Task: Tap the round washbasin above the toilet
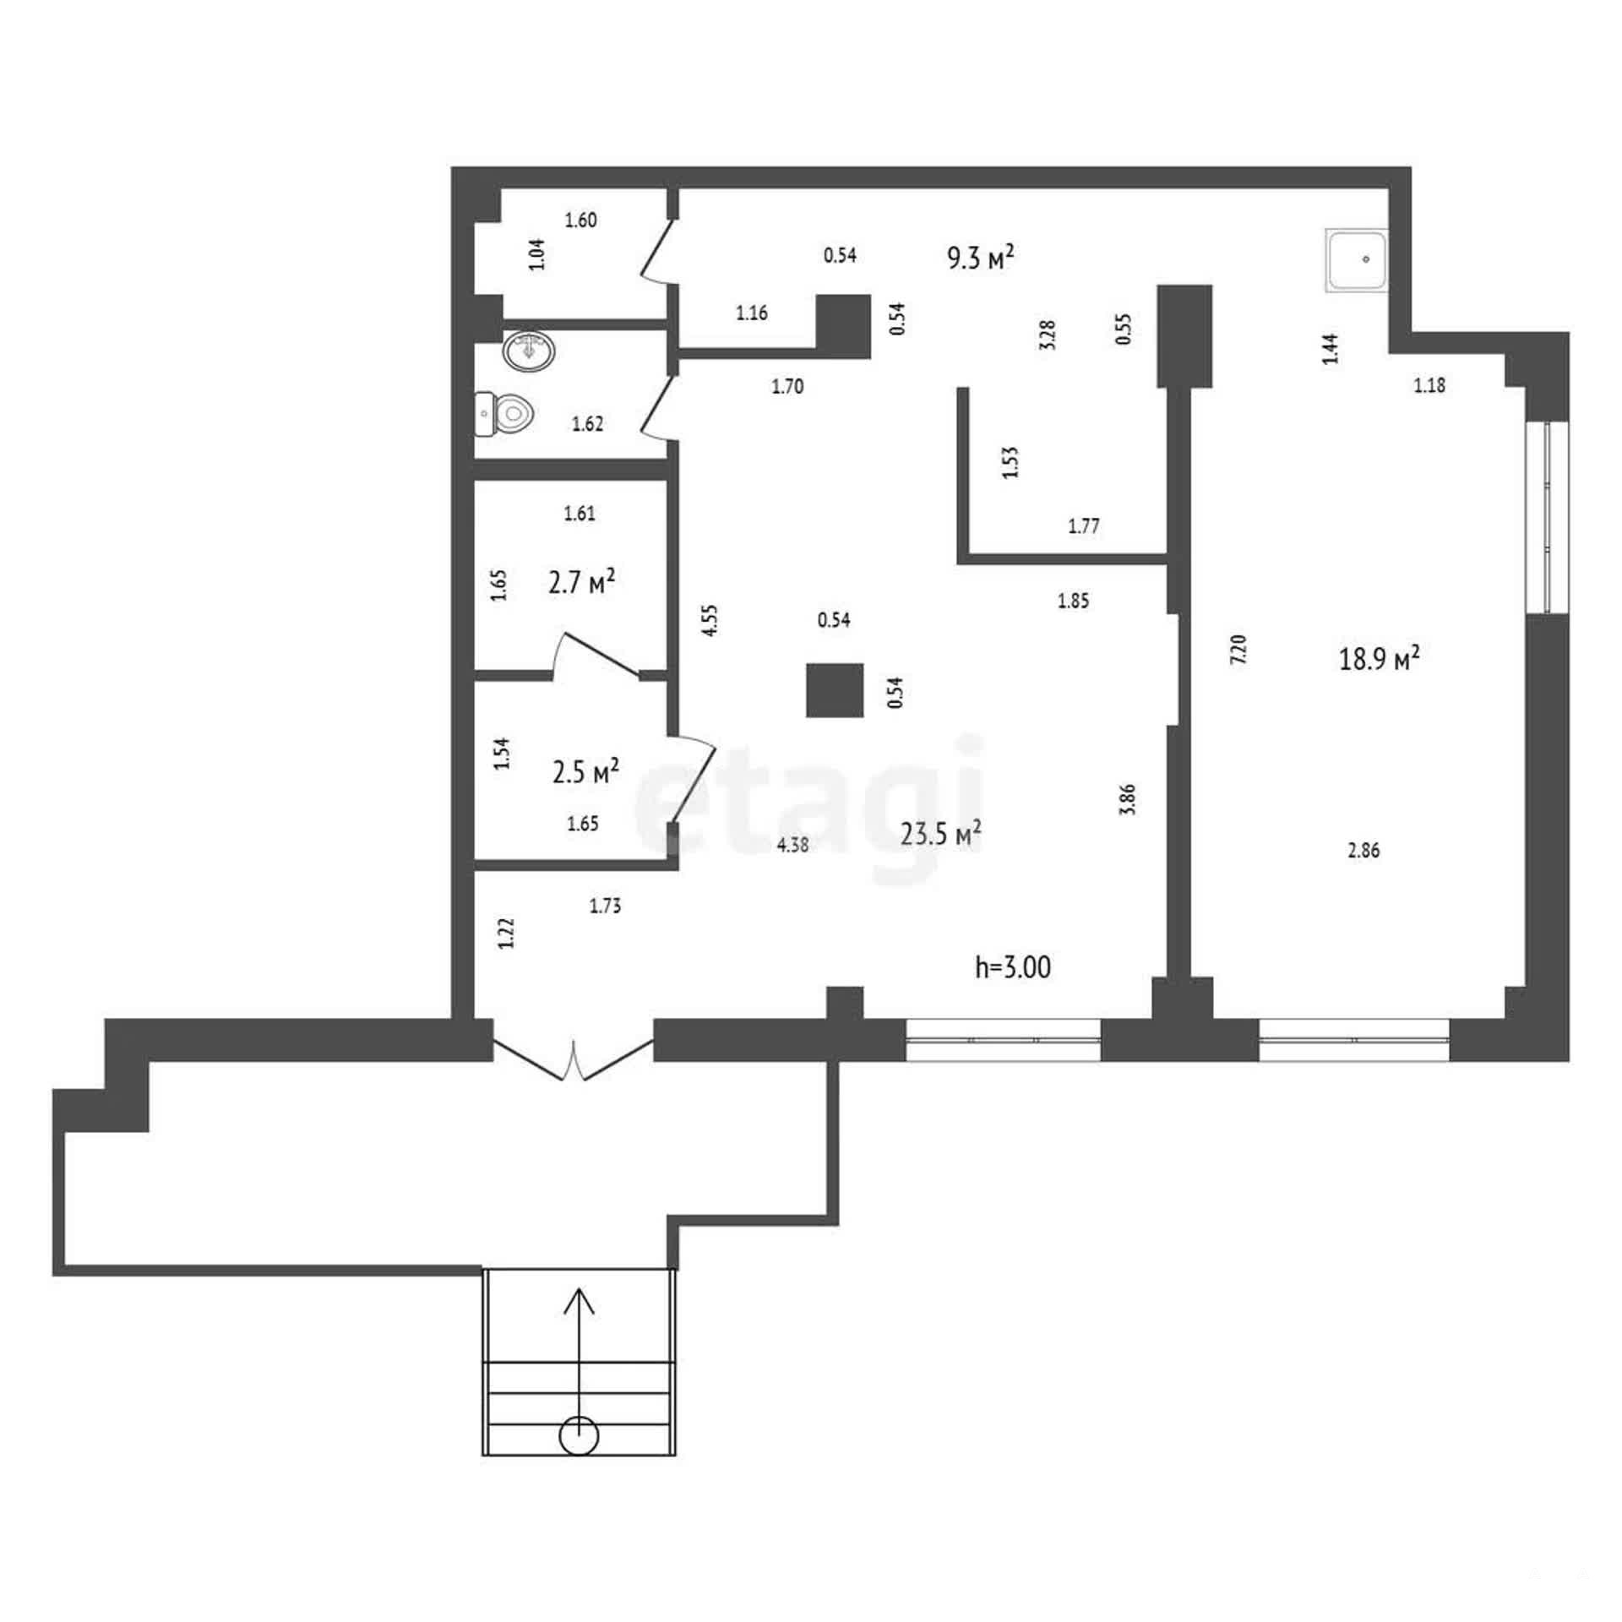tap(529, 350)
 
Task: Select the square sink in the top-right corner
tap(1357, 260)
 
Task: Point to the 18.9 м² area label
tap(1379, 657)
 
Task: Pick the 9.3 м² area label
tap(980, 257)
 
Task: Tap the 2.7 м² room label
tap(581, 581)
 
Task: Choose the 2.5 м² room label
tap(585, 770)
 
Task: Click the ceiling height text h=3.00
tap(1013, 967)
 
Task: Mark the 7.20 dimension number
tap(1239, 649)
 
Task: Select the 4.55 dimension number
tap(710, 619)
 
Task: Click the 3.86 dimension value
tap(1127, 799)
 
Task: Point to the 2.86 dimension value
tap(1363, 851)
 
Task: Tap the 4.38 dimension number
tap(792, 844)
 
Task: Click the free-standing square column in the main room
tap(835, 690)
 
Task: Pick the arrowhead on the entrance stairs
tap(580, 1302)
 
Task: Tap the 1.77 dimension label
tap(1084, 526)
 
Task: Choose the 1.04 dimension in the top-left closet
tap(536, 254)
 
